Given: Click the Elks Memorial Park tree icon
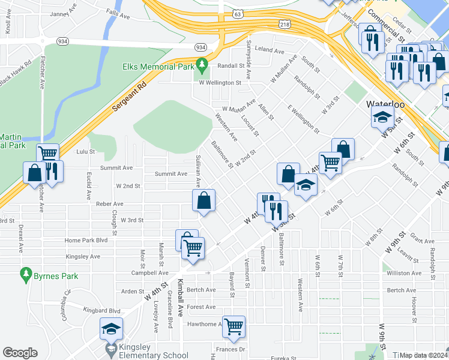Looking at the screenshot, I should [203, 63].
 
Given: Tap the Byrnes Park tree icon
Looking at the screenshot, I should [25, 275].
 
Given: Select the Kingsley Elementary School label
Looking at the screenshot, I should [154, 355].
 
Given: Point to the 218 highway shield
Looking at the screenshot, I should [285, 23].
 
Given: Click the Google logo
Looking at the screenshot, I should [20, 353].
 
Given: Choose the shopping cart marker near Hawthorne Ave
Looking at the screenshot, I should [234, 326].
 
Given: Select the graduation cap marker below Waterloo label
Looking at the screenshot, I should [382, 118].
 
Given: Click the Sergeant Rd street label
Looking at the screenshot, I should [129, 96].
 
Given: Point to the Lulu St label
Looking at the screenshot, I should [85, 152].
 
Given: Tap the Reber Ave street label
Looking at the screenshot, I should [109, 204].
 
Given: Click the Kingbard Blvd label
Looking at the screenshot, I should [102, 311].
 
